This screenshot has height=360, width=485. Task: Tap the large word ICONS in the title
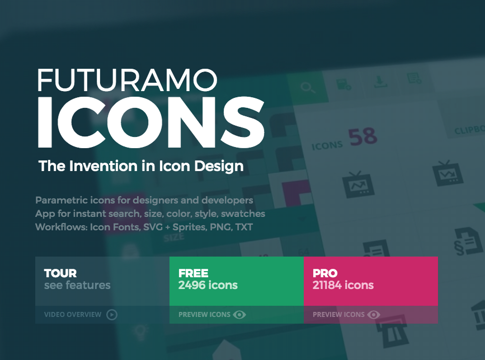[150, 124]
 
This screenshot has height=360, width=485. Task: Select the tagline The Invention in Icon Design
[140, 166]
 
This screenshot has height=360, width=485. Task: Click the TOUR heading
[60, 273]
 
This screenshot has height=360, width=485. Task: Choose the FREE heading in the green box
[194, 273]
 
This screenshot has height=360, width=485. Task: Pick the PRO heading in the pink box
[325, 273]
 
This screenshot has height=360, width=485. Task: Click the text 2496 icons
[208, 286]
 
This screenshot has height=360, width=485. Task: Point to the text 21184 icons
[343, 286]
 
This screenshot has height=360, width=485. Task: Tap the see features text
[77, 286]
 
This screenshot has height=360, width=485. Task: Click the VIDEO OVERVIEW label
[73, 315]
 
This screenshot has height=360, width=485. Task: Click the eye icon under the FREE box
[240, 315]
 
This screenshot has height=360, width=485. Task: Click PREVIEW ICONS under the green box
[204, 315]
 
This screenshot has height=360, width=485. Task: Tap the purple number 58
[362, 138]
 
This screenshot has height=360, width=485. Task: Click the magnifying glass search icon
[307, 87]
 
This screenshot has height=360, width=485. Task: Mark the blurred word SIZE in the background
[173, 237]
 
